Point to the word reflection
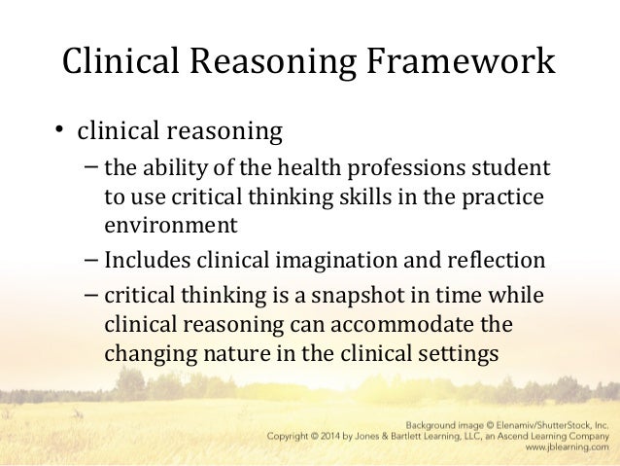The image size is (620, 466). point(492,260)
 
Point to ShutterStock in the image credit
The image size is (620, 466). point(555,424)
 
